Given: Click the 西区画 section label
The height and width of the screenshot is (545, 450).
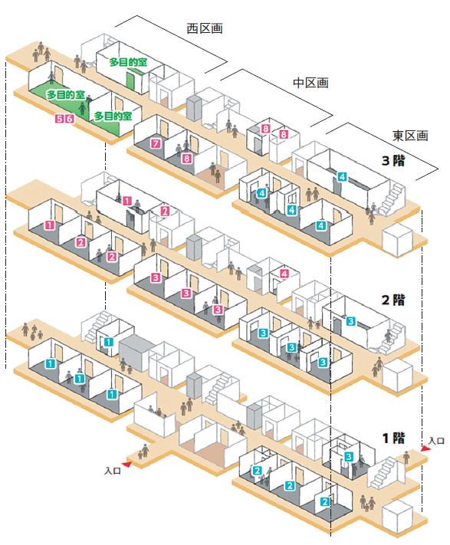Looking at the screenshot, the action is [x=205, y=28].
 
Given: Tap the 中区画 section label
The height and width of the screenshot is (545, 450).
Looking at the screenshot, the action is [x=310, y=83].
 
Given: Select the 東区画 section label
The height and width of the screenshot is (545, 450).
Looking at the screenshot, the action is [x=410, y=135].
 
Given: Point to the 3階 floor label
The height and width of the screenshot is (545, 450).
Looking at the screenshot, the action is [x=393, y=160].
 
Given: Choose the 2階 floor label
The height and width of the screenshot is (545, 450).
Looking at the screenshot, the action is [x=393, y=300].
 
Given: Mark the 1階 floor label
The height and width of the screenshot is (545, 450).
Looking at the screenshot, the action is [x=393, y=438].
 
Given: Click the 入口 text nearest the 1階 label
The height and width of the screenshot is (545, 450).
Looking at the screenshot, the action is [x=436, y=441].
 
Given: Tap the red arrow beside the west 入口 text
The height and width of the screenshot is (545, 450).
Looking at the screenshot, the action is [x=126, y=464].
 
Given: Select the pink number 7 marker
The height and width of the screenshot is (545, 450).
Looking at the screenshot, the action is [x=156, y=143].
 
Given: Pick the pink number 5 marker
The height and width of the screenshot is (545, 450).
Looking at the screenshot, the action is [x=60, y=119].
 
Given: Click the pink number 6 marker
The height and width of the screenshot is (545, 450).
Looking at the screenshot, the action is [x=70, y=119].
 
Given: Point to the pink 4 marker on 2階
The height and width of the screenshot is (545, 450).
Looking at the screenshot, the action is [x=284, y=274].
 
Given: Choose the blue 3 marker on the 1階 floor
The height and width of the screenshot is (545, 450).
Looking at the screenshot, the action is [x=349, y=456].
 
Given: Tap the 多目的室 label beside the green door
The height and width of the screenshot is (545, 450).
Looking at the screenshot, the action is [x=129, y=62].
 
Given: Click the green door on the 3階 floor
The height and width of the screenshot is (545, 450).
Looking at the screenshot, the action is [x=130, y=80].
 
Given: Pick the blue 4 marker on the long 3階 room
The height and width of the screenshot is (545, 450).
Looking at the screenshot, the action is [x=342, y=177].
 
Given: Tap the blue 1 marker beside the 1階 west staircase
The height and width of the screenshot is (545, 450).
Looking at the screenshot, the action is [x=109, y=343].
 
